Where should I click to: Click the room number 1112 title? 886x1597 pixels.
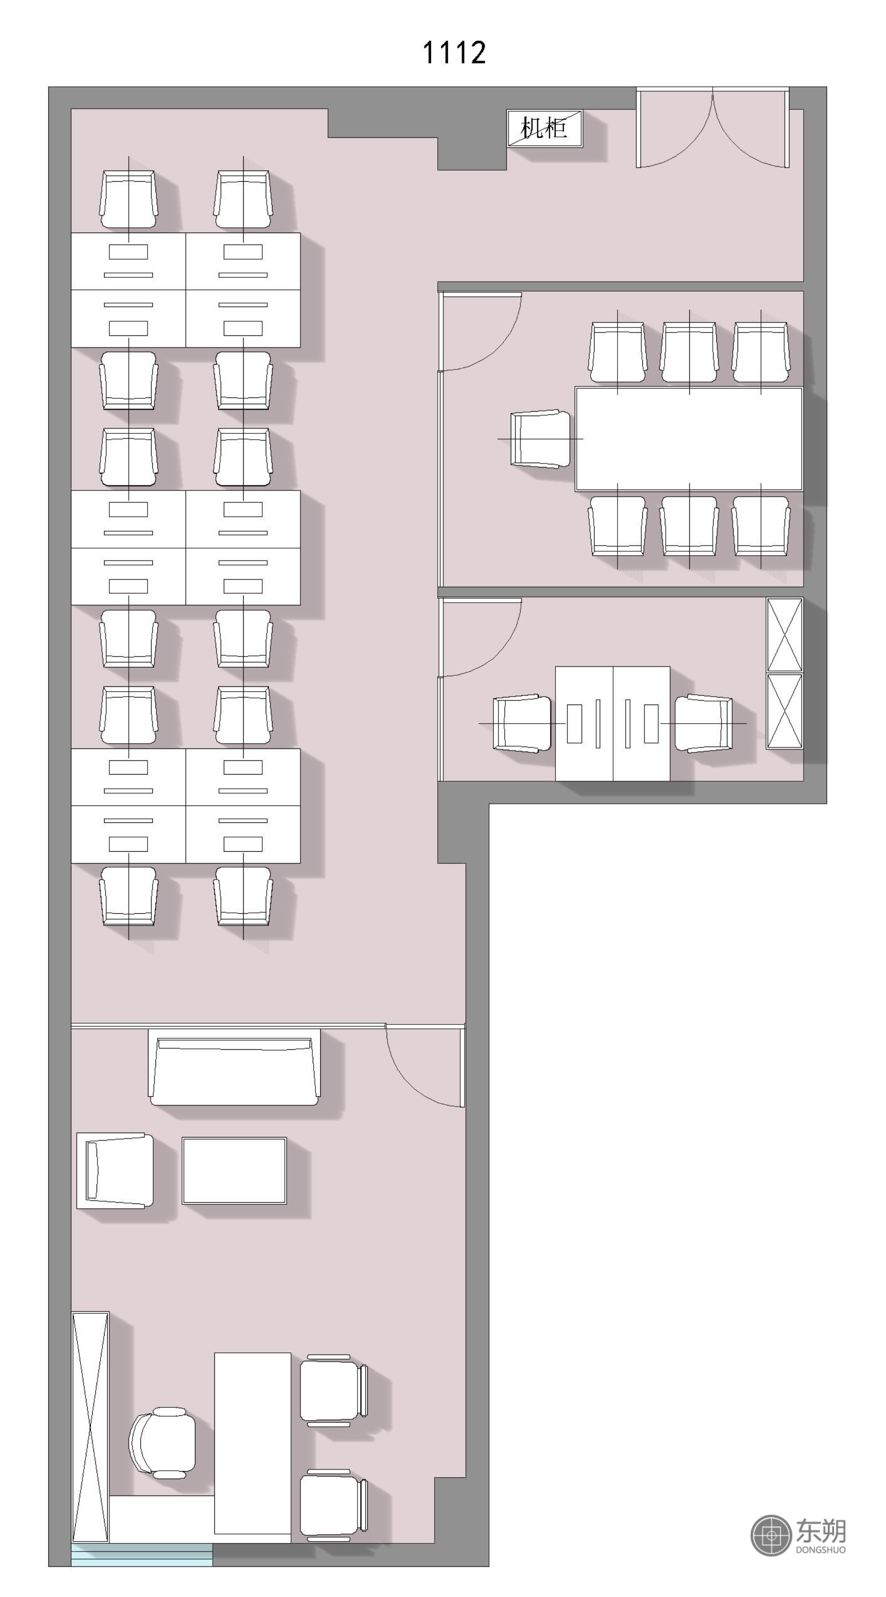coord(454,53)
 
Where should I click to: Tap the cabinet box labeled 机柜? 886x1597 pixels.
coord(544,129)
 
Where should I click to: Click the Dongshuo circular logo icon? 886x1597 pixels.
coord(771,1535)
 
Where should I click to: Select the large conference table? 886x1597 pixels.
coord(689,439)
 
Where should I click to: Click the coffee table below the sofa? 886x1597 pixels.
coord(234,1170)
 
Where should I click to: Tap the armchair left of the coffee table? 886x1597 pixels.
coord(115,1170)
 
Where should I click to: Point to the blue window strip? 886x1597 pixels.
coord(142,1555)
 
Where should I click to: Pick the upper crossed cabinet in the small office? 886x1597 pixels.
coord(785,635)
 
